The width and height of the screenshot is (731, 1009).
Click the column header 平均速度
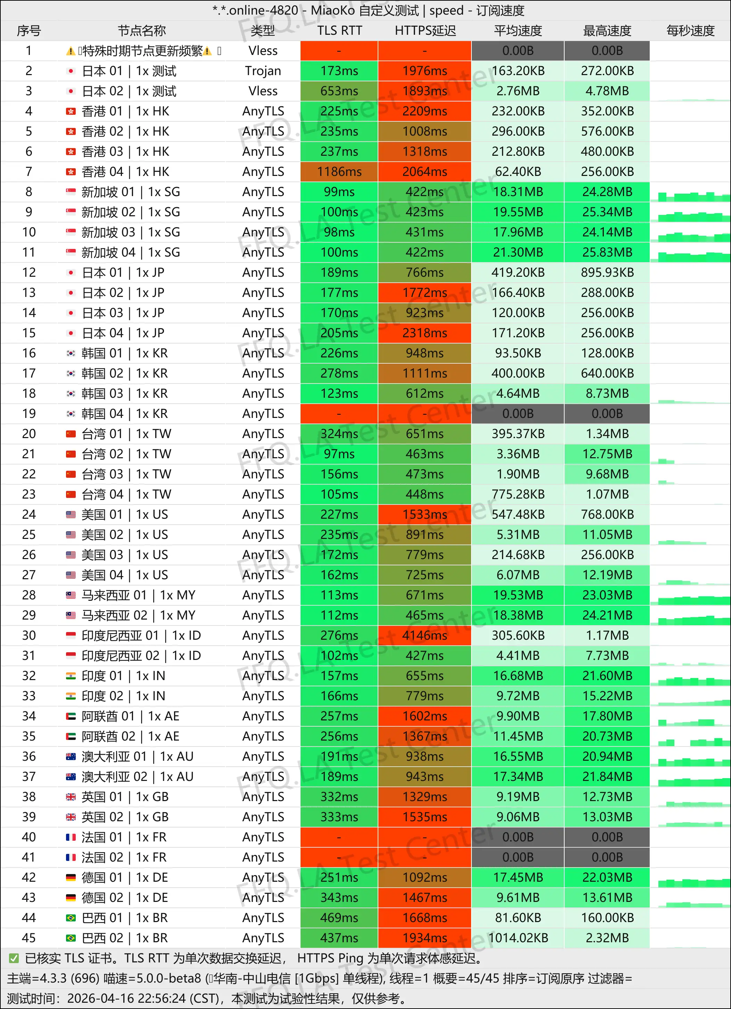tap(518, 31)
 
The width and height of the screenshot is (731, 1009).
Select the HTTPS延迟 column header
tap(425, 31)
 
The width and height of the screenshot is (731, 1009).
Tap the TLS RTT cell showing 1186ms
tap(339, 172)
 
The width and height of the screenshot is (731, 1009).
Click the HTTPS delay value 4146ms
tap(425, 635)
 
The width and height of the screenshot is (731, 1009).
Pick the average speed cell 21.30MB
tap(518, 252)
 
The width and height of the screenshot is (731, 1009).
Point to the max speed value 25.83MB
tap(607, 252)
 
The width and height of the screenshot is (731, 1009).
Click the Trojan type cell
tap(263, 71)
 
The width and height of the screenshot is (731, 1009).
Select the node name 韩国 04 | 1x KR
tap(124, 414)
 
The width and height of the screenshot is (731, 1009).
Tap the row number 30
tap(29, 635)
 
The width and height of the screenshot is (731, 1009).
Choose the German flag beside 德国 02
tap(71, 897)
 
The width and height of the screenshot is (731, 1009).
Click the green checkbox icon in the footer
tap(14, 958)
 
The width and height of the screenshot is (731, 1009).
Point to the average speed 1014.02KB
tap(518, 938)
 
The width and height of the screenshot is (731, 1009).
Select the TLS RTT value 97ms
tap(339, 454)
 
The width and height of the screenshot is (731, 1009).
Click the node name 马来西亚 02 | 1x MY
tap(138, 615)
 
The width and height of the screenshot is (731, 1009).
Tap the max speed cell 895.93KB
tap(607, 272)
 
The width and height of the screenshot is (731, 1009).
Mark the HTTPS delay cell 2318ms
tap(425, 333)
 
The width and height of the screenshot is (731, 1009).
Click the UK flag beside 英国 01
tap(71, 797)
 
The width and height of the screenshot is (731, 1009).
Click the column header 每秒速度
tap(690, 31)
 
